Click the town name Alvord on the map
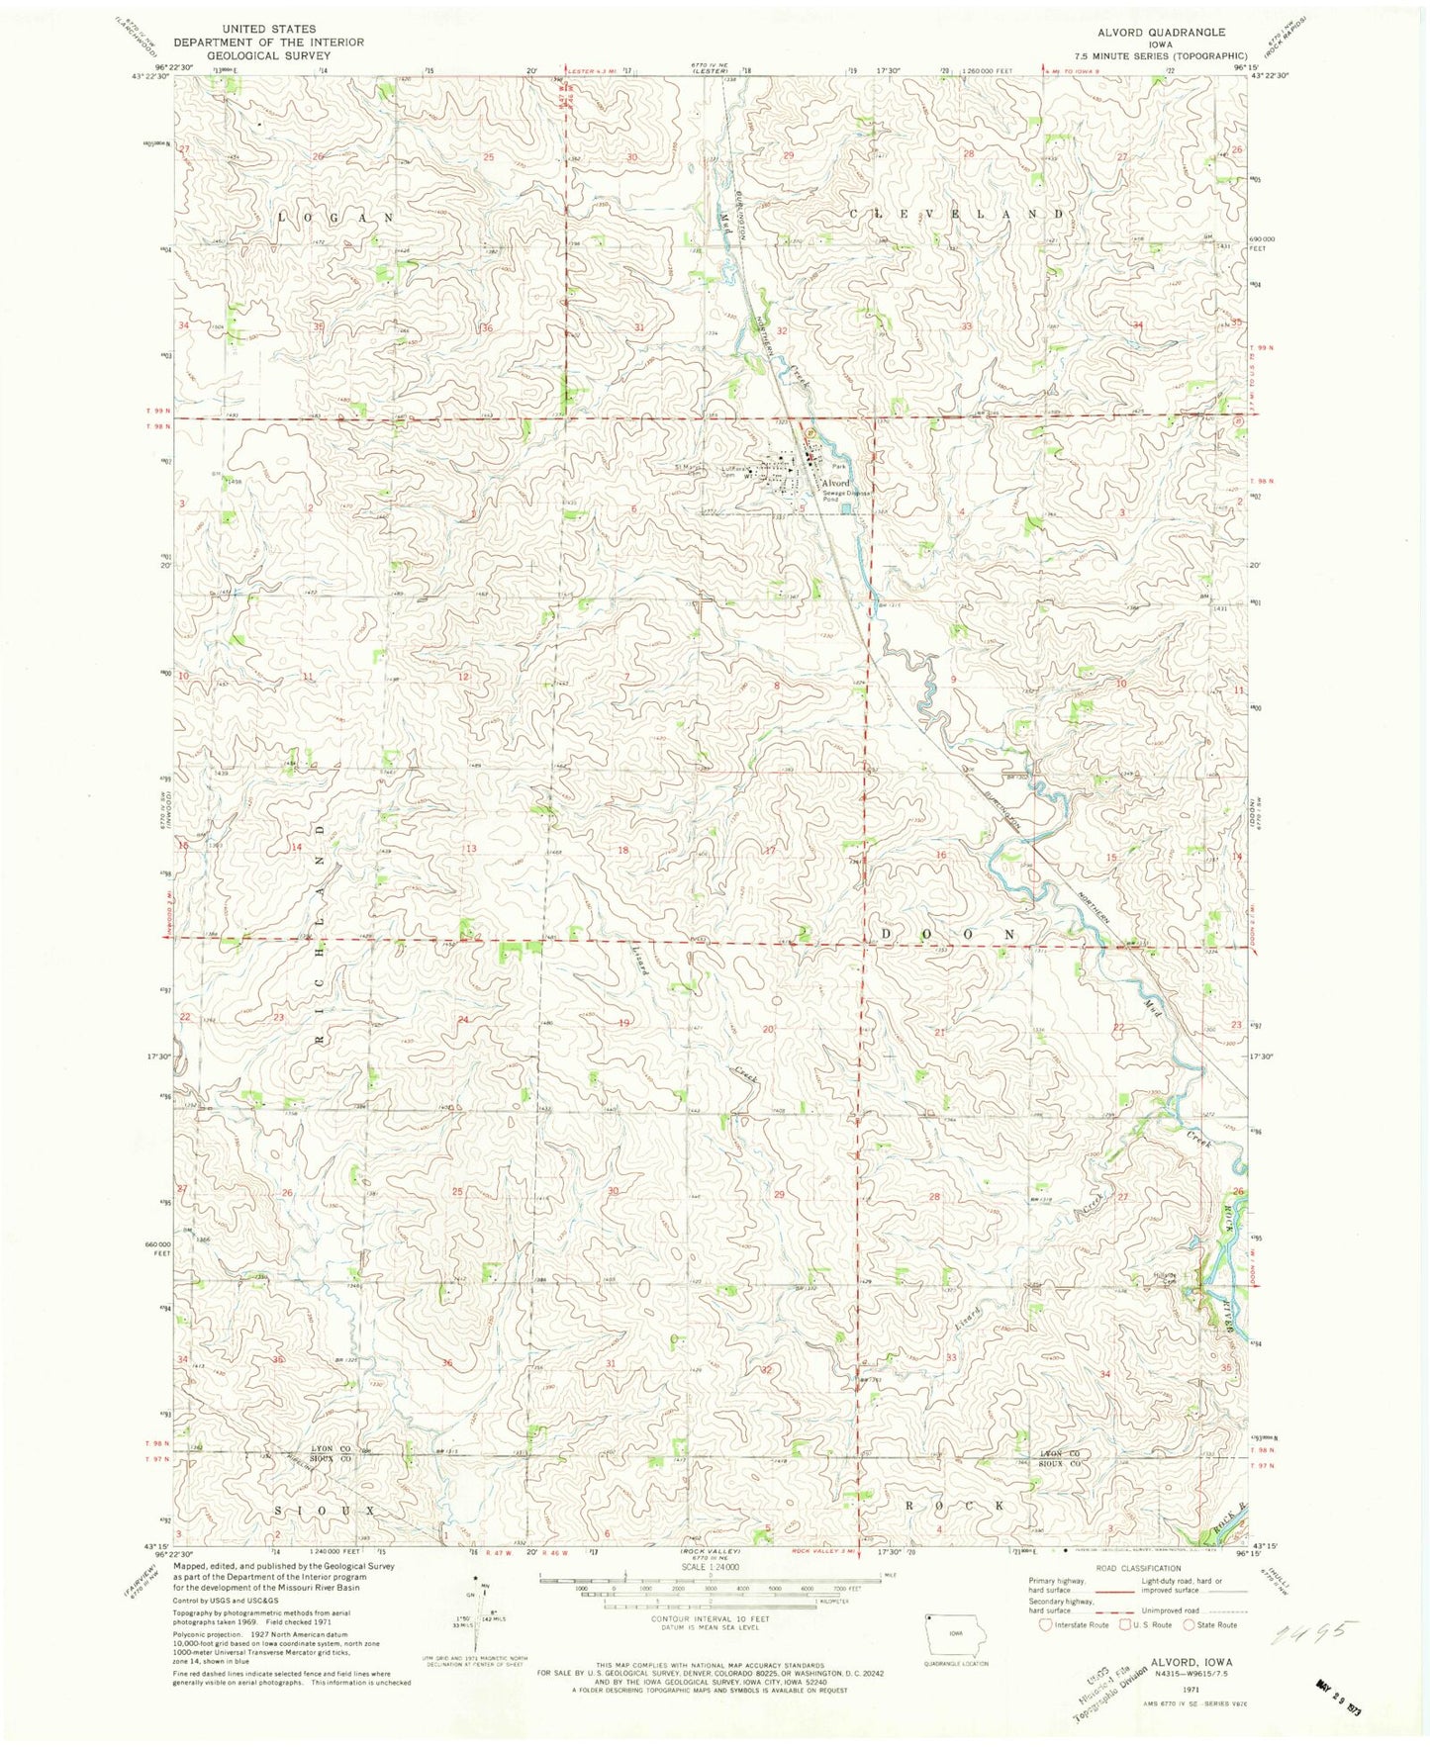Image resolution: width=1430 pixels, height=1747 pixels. coord(831,483)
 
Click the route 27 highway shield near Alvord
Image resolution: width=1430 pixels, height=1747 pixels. coord(810,433)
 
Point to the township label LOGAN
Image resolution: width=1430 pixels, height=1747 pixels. coord(334,217)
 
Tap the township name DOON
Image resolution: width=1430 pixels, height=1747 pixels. coord(946,934)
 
